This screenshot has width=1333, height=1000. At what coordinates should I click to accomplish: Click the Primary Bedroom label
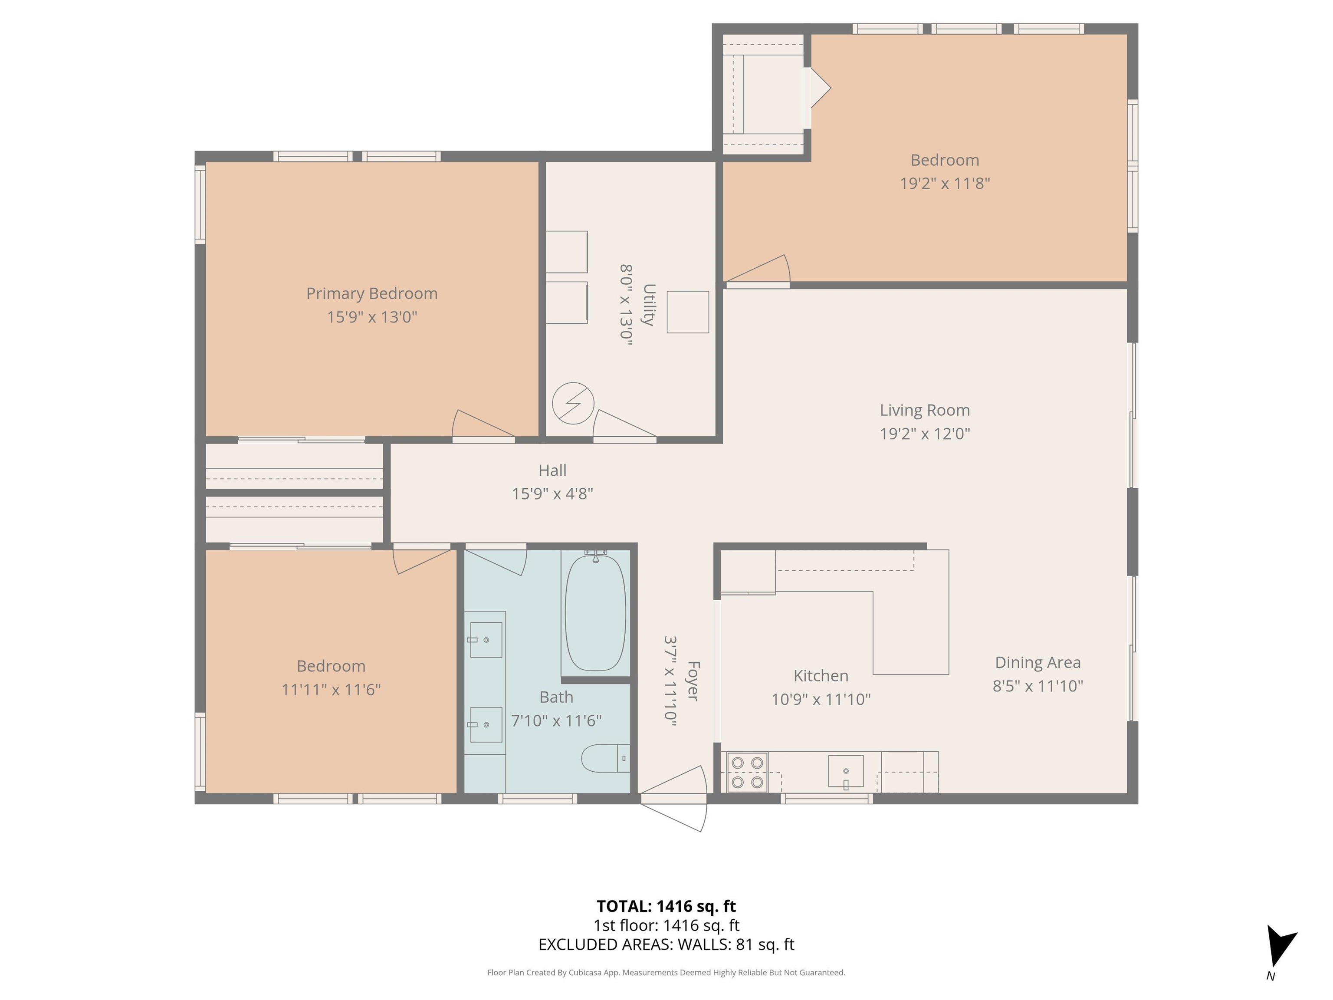pos(372,293)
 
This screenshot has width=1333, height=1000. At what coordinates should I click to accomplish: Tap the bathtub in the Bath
pos(595,613)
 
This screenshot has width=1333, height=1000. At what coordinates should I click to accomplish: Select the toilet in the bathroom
pos(604,758)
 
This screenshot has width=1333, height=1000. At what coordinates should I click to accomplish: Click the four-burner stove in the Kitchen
pos(747,772)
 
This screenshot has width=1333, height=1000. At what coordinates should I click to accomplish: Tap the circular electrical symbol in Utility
pos(573,403)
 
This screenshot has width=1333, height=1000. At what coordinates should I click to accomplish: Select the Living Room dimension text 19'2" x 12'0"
pos(924,434)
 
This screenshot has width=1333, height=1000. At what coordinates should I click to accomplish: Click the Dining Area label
pos(1037,662)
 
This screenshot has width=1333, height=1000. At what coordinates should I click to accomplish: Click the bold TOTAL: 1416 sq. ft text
pos(666,906)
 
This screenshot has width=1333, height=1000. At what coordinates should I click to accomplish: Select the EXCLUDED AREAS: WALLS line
pos(666,944)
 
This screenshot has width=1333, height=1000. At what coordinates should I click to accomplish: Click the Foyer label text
pos(693,681)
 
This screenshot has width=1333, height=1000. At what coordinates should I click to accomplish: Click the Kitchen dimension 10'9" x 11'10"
pos(821,699)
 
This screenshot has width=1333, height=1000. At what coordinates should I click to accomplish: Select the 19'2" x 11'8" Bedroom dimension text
pos(944,183)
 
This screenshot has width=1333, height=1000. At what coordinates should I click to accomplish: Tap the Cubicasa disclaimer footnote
pos(666,972)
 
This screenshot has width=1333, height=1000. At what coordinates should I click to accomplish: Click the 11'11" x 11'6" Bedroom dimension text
pos(331,690)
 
